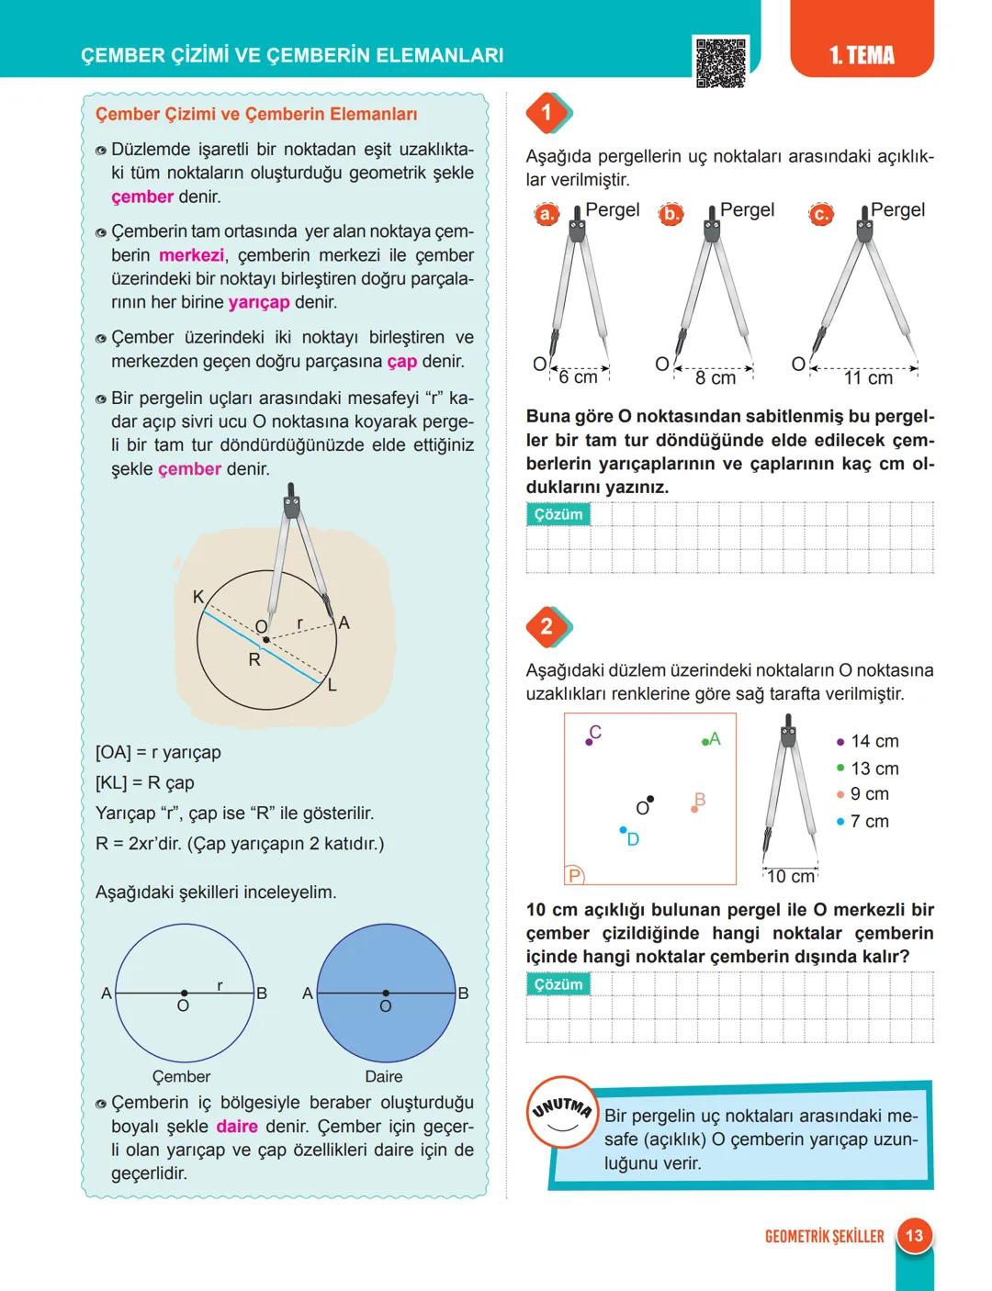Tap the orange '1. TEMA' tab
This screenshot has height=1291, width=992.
click(861, 55)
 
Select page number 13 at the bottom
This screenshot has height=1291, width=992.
click(914, 1235)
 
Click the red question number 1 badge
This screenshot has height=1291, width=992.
click(547, 113)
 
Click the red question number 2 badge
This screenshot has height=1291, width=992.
click(547, 626)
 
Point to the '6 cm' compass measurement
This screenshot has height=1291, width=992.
click(578, 377)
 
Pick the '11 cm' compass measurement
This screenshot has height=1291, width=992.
click(868, 378)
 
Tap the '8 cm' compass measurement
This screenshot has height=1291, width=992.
click(715, 378)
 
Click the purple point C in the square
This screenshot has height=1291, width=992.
click(590, 740)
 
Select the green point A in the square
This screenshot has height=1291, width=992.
click(705, 741)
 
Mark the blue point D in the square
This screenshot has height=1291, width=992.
click(623, 830)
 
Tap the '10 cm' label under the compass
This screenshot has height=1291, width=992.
click(790, 877)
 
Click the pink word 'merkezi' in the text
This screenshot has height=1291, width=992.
click(191, 256)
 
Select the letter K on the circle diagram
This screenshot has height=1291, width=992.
click(198, 597)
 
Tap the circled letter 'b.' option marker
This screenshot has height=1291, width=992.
click(672, 215)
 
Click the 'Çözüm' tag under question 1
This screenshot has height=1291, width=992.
click(558, 515)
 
